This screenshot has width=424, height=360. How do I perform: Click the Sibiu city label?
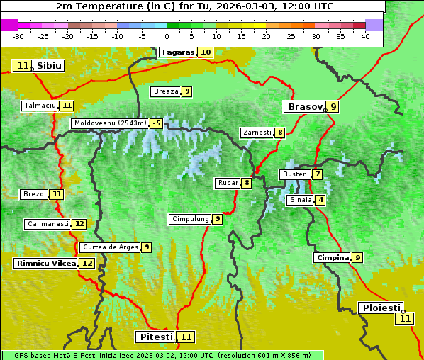tap(49, 66)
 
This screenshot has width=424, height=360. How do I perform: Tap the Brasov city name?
tap(304, 107)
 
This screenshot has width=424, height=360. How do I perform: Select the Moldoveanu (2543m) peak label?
tap(109, 123)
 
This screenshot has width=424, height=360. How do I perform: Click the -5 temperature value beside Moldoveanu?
tap(156, 123)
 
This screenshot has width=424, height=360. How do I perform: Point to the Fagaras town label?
tap(178, 52)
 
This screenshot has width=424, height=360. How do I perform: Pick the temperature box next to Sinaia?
tap(320, 200)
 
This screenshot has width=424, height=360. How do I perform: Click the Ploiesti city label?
tap(381, 308)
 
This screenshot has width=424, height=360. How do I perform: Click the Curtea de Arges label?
tap(109, 247)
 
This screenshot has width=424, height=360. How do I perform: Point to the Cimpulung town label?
tap(190, 219)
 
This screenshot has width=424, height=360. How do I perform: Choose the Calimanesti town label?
tap(48, 224)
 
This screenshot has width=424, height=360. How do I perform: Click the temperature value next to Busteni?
tap(318, 174)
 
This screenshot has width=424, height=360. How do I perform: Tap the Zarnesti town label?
tap(257, 133)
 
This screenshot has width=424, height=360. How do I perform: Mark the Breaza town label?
tap(166, 91)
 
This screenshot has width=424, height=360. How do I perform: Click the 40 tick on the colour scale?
tap(365, 36)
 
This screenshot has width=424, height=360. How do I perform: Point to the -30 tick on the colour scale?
tap(18, 36)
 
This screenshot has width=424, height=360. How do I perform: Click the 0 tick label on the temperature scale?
tap(167, 36)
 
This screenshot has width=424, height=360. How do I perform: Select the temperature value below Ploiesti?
tap(404, 319)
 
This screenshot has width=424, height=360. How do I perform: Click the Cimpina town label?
tap(333, 258)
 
